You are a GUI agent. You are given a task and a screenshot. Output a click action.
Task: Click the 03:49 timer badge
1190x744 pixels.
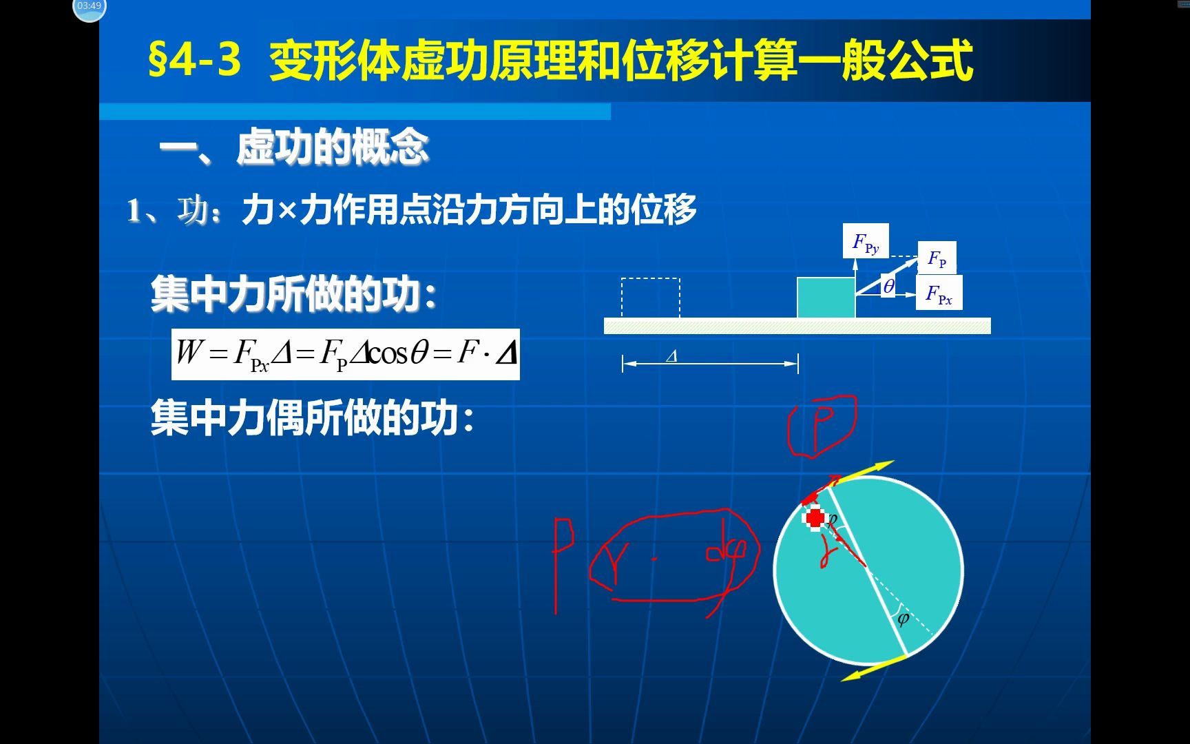click(90, 7)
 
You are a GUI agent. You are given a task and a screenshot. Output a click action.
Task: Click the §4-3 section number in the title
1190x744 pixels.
click(195, 60)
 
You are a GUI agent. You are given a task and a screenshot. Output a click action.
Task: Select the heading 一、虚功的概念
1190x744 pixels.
click(294, 147)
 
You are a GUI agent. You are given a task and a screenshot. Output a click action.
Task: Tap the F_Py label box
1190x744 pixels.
click(866, 241)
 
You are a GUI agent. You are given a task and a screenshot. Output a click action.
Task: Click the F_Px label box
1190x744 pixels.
click(939, 293)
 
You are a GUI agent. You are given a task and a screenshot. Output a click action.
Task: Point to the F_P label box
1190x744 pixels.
click(937, 258)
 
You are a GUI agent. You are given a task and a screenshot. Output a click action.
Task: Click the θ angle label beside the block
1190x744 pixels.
click(888, 286)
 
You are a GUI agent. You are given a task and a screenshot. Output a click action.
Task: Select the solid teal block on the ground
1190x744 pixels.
click(826, 298)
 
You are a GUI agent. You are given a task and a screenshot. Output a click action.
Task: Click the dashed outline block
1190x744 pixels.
click(650, 298)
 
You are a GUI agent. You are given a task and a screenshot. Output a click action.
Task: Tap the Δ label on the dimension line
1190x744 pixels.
click(672, 356)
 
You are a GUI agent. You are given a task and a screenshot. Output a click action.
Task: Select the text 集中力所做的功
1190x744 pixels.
click(293, 294)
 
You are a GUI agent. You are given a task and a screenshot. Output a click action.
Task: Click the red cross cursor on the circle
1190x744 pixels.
click(815, 518)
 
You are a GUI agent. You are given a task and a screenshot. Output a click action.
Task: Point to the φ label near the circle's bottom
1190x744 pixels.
click(903, 618)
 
